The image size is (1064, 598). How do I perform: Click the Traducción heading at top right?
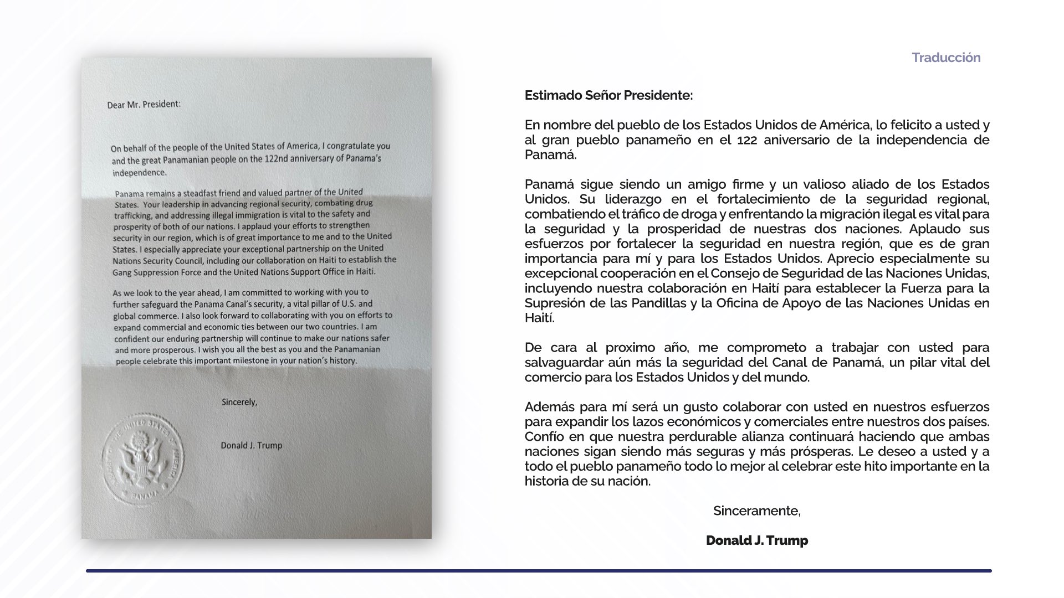(946, 58)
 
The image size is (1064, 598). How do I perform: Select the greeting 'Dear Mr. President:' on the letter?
(144, 104)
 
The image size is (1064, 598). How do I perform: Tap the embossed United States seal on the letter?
(143, 458)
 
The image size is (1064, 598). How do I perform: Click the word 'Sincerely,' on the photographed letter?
(239, 402)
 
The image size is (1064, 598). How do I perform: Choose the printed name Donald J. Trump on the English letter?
(251, 445)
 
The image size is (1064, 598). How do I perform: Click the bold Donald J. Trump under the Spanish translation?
(756, 540)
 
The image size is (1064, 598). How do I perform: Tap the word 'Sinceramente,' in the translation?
(756, 511)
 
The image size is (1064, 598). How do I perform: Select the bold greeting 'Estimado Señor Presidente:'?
(608, 95)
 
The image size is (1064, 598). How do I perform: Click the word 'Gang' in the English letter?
(122, 272)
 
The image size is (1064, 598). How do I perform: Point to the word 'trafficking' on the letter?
(134, 215)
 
